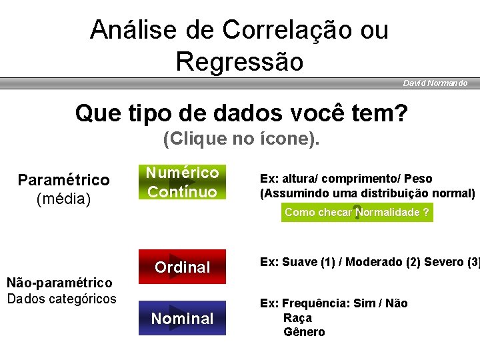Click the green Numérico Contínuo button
[x=182, y=182]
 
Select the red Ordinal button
[x=182, y=267]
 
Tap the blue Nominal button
[x=182, y=318]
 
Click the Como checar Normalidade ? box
[x=357, y=212]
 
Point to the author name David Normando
[x=435, y=83]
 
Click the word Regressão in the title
[x=239, y=61]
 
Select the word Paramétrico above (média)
[x=63, y=180]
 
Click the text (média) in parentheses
[x=63, y=198]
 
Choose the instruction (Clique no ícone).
[x=241, y=139]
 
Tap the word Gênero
[x=304, y=332]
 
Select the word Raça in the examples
[x=297, y=318]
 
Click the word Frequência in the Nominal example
[x=316, y=303]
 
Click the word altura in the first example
[x=297, y=179]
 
